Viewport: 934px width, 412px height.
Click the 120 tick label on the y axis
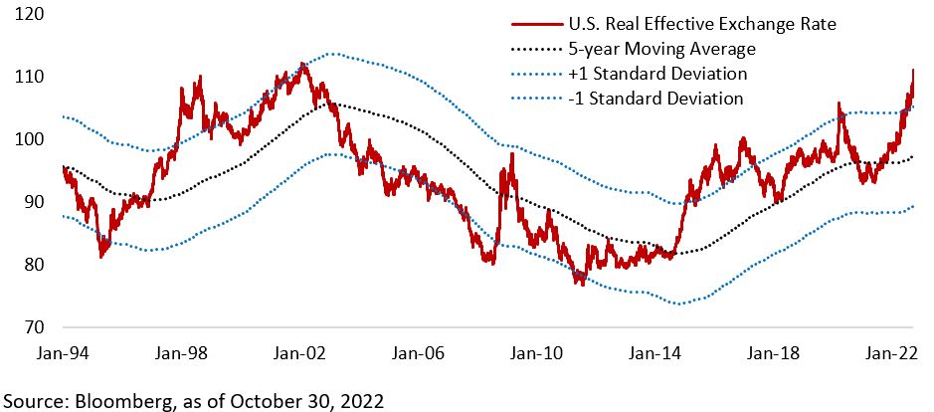tap(30, 15)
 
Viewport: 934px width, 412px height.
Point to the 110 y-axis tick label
tap(30, 78)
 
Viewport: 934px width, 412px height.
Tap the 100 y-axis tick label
tap(30, 140)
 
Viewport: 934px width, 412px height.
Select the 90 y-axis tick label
tap(34, 203)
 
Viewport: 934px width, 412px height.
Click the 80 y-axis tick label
tap(34, 266)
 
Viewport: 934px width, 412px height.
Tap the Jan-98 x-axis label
tap(182, 352)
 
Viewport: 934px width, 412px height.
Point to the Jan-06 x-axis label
tap(418, 352)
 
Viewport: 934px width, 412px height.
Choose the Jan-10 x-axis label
tap(536, 352)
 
